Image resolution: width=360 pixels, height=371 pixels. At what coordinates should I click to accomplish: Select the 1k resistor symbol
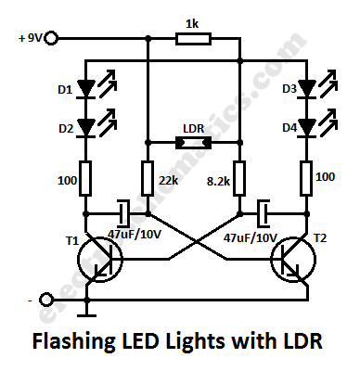(193, 38)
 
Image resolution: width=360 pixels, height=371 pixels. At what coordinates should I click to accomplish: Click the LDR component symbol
(194, 144)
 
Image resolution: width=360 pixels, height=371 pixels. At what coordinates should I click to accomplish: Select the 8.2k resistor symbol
(239, 177)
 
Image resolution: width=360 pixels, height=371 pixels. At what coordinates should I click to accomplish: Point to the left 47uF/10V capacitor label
(132, 236)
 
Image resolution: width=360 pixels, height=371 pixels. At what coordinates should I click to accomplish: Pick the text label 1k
(193, 20)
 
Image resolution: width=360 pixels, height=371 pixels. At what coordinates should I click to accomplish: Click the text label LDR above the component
(194, 128)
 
